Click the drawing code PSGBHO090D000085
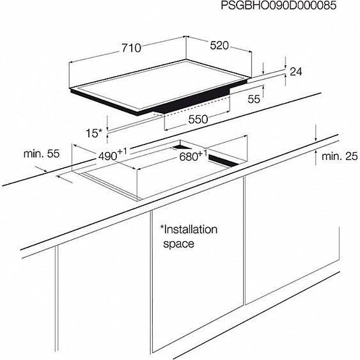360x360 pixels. pos(279,6)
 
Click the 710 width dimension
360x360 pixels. pos(131,48)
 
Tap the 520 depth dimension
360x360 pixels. pos(219,45)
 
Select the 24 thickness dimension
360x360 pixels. pos(296,72)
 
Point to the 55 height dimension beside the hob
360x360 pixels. pos(254,99)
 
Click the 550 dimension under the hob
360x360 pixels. pos(198,119)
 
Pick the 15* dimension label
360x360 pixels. pos(94,133)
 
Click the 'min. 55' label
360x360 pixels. pos(42,153)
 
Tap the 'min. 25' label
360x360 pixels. pos(340,156)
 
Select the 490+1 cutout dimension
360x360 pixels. pos(113,154)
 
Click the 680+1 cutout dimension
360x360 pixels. pos(193,155)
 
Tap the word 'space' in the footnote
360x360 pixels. pos(178,244)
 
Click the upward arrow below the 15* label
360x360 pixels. pos(107,139)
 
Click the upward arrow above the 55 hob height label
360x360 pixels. pos(263,91)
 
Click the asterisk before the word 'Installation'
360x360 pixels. pos(162,227)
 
